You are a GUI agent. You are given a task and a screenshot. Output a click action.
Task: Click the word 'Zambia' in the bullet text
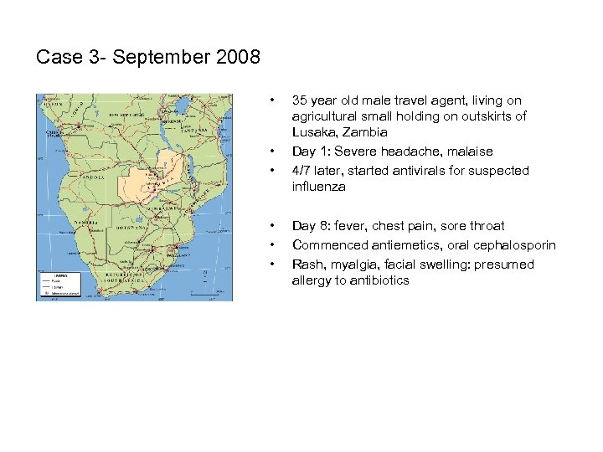coord(364,132)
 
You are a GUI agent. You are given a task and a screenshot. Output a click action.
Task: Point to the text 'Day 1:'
coord(310,152)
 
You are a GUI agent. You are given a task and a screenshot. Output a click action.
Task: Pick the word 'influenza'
coord(319,187)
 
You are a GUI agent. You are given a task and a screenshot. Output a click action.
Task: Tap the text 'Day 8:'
coord(310,226)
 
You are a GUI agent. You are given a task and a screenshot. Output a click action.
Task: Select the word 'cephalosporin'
coord(515,245)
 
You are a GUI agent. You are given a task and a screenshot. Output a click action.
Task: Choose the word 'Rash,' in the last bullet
coord(307,265)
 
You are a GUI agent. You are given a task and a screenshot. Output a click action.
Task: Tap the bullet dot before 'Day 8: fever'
coord(273,226)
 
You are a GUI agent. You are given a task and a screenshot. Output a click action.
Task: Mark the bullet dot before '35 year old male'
coord(273,100)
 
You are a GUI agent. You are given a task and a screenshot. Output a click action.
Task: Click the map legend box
coord(56,285)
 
